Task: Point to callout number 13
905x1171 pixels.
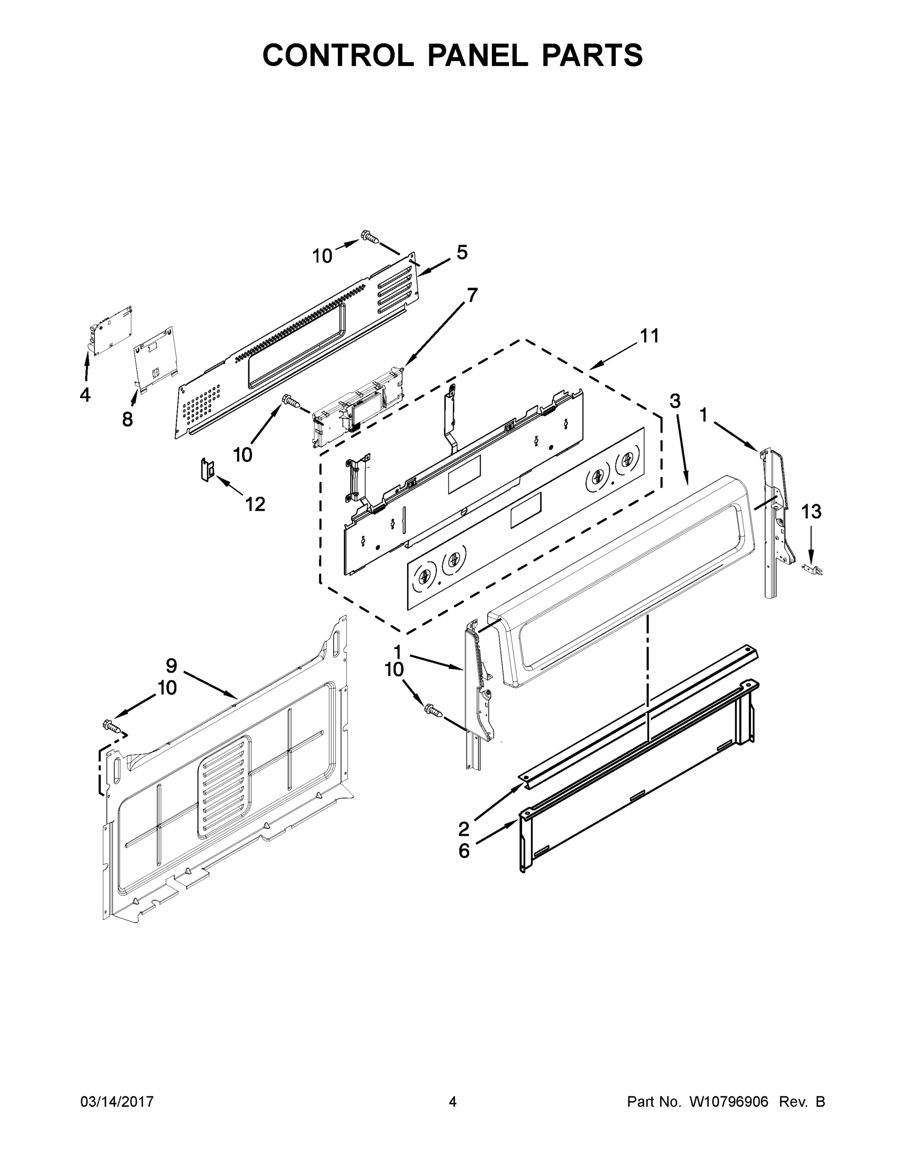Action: pos(811,511)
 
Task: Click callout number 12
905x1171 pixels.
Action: pos(255,504)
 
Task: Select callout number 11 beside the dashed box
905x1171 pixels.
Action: pos(649,336)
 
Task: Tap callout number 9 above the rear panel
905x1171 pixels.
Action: pos(171,666)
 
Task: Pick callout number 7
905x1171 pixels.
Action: pos(472,295)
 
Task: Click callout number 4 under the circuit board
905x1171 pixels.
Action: pos(85,395)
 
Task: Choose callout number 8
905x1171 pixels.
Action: pos(127,419)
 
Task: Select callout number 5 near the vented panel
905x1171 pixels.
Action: pos(462,252)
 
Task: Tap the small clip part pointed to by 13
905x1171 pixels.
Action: pos(812,569)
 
